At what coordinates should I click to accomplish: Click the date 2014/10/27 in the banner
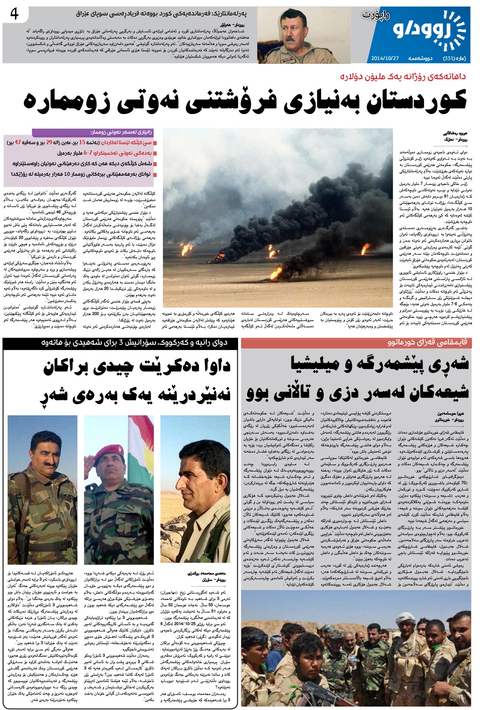tap(385, 58)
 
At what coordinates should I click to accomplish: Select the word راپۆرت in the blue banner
tap(376, 15)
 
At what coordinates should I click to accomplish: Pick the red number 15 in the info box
tap(82, 142)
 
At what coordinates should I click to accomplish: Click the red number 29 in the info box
tap(49, 142)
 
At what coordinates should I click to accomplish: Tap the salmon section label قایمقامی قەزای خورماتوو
tap(427, 342)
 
